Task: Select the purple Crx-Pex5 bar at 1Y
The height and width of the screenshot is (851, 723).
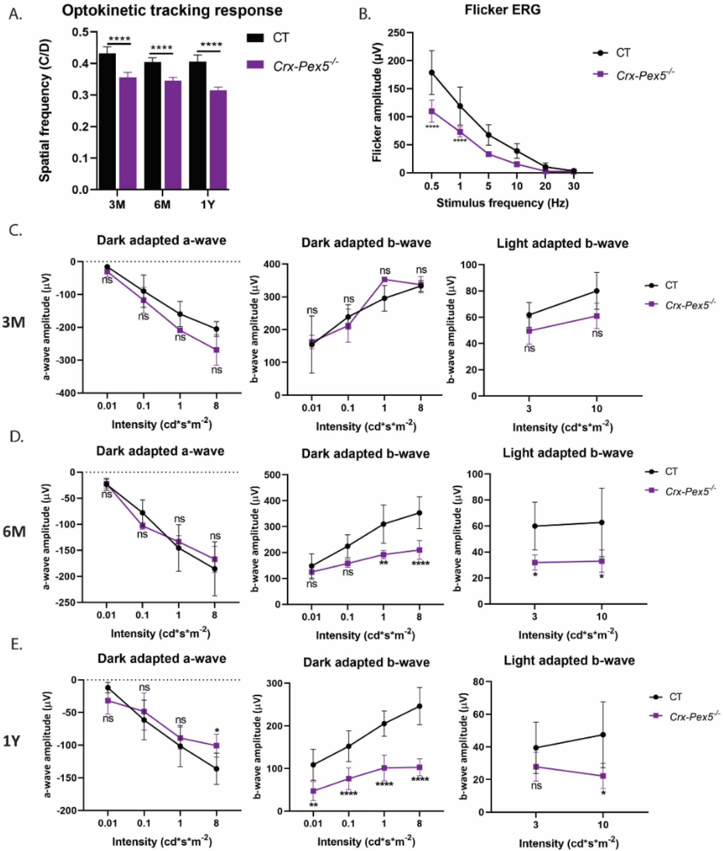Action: tap(218, 140)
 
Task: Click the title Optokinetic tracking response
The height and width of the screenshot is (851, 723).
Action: tap(172, 11)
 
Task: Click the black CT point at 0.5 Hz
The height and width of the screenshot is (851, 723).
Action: tap(432, 73)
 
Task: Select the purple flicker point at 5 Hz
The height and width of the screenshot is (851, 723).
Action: tap(488, 154)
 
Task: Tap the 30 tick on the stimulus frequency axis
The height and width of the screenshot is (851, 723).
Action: tap(573, 186)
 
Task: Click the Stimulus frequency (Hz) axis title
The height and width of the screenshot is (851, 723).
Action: tap(502, 203)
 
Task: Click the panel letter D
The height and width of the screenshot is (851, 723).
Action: tap(17, 438)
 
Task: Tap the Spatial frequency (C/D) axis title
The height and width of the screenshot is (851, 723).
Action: tap(45, 111)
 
